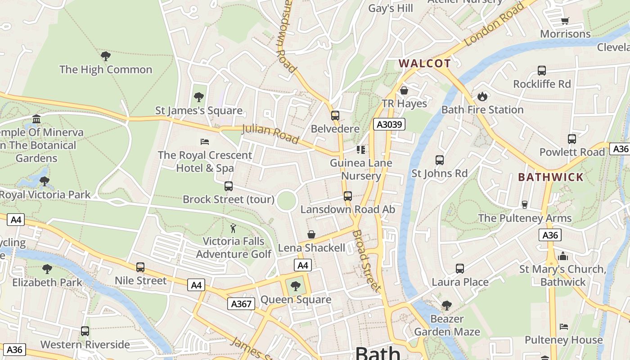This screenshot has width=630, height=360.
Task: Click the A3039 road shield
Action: pyautogui.click(x=389, y=124)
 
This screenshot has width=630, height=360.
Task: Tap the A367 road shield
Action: pyautogui.click(x=241, y=304)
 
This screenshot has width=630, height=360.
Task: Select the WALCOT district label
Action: pyautogui.click(x=424, y=63)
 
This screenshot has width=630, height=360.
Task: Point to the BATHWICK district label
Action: pyautogui.click(x=550, y=177)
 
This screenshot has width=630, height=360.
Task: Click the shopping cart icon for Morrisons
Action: pyautogui.click(x=565, y=21)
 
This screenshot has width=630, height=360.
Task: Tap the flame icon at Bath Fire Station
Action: pyautogui.click(x=482, y=96)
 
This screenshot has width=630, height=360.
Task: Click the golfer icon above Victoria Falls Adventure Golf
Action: pyautogui.click(x=233, y=228)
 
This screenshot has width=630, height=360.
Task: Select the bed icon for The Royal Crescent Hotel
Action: pyautogui.click(x=204, y=142)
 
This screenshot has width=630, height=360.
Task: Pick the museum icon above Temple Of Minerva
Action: pyautogui.click(x=36, y=119)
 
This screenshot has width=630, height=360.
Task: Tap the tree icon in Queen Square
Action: pyautogui.click(x=296, y=286)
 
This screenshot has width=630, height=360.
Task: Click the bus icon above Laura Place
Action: pyautogui.click(x=459, y=269)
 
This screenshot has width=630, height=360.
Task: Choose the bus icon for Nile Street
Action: pyautogui.click(x=140, y=267)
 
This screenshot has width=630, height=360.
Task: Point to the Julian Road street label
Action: pyautogui.click(x=270, y=134)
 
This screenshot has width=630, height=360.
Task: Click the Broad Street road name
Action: pyautogui.click(x=366, y=261)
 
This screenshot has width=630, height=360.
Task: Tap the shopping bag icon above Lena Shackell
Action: pyautogui.click(x=311, y=234)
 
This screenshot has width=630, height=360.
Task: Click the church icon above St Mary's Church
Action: pyautogui.click(x=563, y=256)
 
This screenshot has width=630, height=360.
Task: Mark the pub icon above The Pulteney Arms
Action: pyautogui.click(x=524, y=205)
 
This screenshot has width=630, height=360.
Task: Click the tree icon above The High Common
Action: pyautogui.click(x=106, y=56)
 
